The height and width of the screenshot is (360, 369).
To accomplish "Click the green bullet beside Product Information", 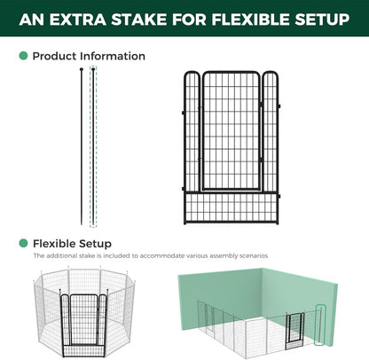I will coord(23,56).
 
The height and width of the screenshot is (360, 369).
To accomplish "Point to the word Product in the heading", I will coord(56,56).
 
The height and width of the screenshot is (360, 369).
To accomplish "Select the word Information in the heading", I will coord(114,56).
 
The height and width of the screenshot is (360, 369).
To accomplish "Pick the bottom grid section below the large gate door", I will coord(232,207).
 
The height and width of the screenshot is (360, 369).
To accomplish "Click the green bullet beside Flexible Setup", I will coord(23,243).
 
